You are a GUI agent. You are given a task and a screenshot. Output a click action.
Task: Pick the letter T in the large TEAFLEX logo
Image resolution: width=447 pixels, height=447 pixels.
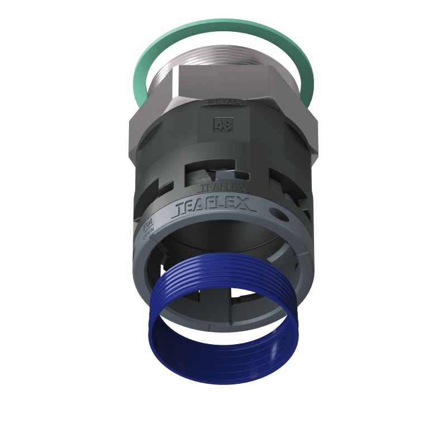click(x=180, y=209)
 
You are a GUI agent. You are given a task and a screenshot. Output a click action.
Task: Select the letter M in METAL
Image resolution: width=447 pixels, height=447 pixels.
click(x=211, y=102)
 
